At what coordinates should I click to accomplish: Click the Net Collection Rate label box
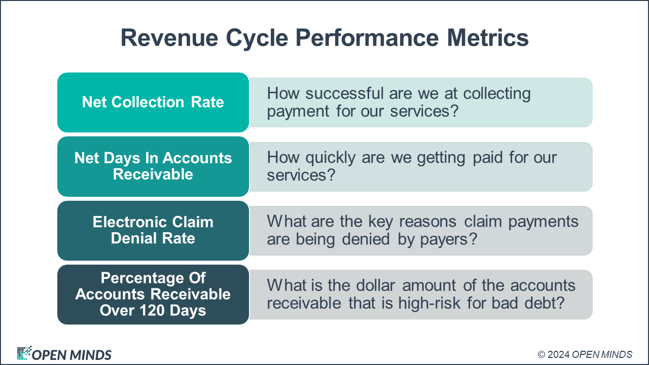coord(153,102)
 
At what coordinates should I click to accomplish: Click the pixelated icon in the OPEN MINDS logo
coord(23,353)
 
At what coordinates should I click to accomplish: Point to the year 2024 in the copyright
coord(558,354)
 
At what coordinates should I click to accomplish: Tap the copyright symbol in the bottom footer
coord(542,354)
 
